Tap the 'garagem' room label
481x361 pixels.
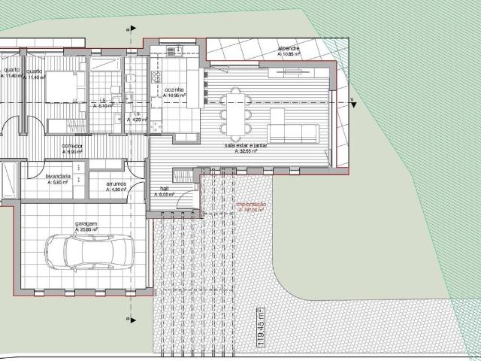tap(86, 224)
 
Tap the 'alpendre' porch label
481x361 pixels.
tap(289, 50)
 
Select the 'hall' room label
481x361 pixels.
tap(165, 189)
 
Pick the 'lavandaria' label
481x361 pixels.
tap(58, 176)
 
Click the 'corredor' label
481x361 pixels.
tap(72, 147)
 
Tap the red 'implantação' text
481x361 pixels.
tap(250, 204)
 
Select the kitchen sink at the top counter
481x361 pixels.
tap(174, 51)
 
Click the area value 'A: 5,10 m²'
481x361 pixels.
tap(104, 107)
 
